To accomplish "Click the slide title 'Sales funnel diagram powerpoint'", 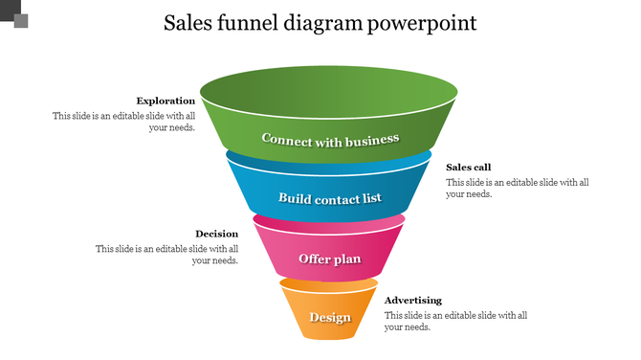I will (320, 22).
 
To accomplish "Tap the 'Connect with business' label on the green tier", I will (329, 140).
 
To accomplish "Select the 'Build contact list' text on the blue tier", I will (329, 198).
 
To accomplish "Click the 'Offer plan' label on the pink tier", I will (329, 259).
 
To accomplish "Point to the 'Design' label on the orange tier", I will (329, 318).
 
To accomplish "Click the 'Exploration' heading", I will (166, 101).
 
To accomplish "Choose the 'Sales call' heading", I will (468, 168).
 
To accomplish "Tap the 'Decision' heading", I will (216, 234).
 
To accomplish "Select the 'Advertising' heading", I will (412, 301).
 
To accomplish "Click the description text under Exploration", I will (124, 122).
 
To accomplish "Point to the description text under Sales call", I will (517, 188).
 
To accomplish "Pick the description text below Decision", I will (166, 254).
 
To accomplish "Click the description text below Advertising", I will (455, 321).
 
